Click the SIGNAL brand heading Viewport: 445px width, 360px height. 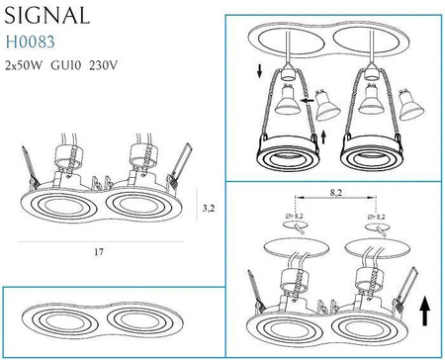click(47, 15)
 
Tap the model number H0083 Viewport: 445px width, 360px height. click(31, 42)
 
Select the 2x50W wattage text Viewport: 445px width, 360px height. click(24, 65)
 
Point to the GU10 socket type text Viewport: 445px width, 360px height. click(65, 65)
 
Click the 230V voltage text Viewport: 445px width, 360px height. click(103, 65)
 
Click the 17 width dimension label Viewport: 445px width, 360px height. click(99, 252)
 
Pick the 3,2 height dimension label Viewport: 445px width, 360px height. click(209, 209)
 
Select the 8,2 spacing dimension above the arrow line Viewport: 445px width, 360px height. click(336, 193)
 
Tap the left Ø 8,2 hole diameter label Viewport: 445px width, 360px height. click(294, 217)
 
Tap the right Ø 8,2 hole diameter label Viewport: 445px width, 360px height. click(376, 217)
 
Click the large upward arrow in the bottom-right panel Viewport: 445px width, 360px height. click(425, 311)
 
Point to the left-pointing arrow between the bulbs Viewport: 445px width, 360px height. click(307, 100)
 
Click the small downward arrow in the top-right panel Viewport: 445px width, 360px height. click(260, 71)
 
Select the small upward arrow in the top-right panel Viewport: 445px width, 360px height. click(323, 136)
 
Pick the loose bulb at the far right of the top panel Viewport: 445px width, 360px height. click(410, 105)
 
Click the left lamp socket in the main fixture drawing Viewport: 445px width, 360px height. click(68, 155)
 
